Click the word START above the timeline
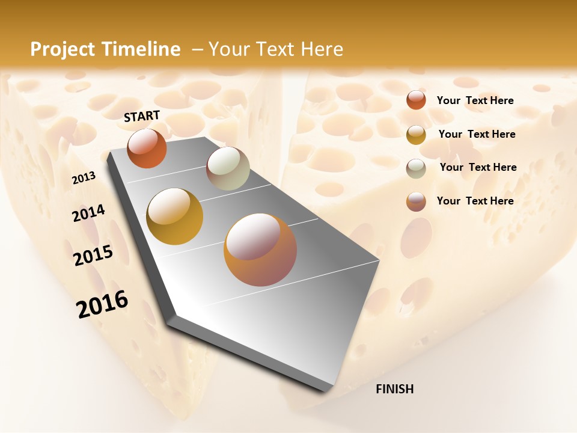142,116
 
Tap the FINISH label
394,389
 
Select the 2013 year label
84,178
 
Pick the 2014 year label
88,213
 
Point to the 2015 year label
93,255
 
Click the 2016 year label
102,304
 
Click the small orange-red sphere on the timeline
147,149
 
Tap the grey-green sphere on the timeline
228,168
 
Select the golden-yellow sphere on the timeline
175,216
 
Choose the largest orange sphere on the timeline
260,250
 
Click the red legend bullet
416,100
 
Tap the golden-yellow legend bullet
416,135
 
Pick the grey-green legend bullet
416,168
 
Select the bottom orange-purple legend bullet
416,201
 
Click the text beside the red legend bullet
475,100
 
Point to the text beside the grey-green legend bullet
478,167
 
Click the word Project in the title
63,49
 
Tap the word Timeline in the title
142,49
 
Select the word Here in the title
321,49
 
